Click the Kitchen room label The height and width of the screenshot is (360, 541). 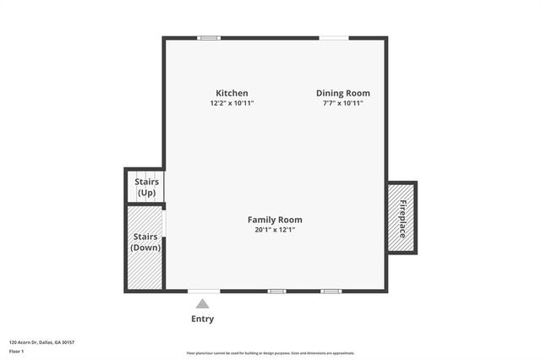point(232,93)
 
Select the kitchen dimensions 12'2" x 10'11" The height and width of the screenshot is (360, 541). point(232,103)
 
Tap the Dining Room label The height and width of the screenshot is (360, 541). point(342,93)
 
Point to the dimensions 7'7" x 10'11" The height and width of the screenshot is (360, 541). point(342,103)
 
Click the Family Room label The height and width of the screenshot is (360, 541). point(274,220)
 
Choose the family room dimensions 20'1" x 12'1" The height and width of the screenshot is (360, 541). point(274,230)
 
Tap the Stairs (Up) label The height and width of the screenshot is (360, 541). point(146,187)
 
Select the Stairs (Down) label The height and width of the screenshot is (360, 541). point(146,242)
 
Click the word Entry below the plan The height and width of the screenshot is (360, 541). point(202,319)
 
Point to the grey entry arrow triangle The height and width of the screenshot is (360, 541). point(202,304)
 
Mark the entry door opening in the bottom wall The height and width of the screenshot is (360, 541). point(203,291)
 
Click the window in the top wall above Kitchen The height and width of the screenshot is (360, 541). point(209,37)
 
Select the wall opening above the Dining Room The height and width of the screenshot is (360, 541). point(333,37)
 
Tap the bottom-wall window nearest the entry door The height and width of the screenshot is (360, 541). point(276,291)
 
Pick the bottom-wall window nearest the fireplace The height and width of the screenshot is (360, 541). point(331,291)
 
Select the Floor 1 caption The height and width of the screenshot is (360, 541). point(16,350)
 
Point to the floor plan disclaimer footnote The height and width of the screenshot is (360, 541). point(270,353)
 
